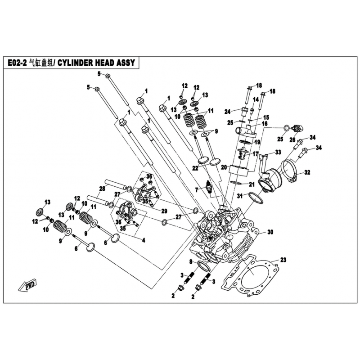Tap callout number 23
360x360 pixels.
tap(283, 260)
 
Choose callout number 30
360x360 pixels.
tap(270, 233)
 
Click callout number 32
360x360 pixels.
tap(307, 172)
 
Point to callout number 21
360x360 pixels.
tap(252, 184)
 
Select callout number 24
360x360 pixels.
tap(228, 111)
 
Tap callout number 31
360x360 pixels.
tap(240, 196)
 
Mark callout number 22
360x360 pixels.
tap(195, 168)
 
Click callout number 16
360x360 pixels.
tap(265, 123)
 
